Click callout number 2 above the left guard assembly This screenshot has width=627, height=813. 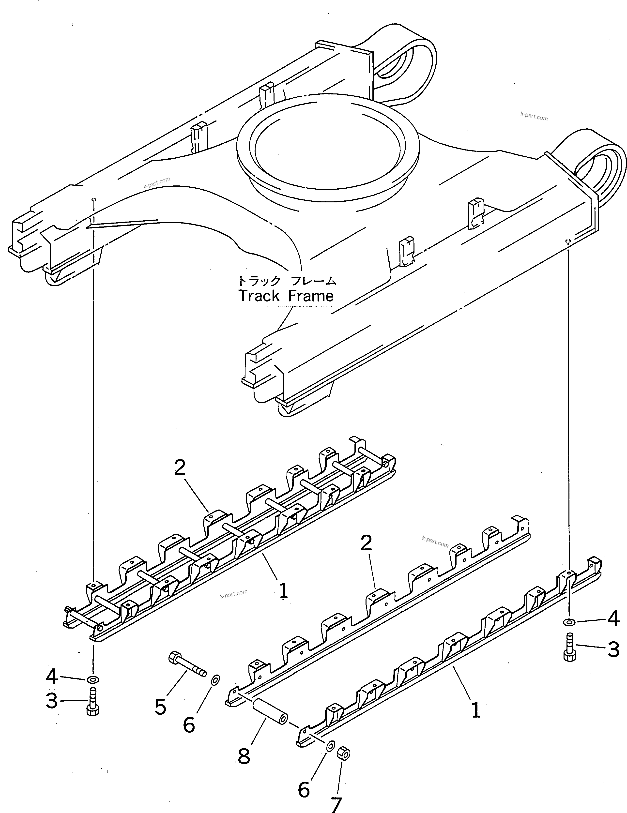(x=180, y=468)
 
